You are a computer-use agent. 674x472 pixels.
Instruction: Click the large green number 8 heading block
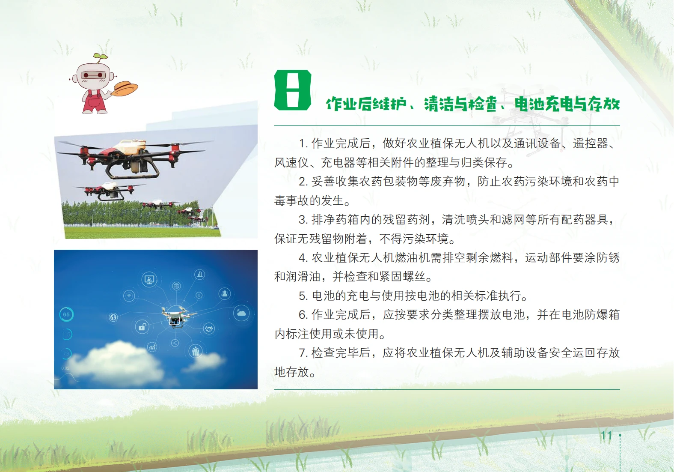pyautogui.click(x=292, y=90)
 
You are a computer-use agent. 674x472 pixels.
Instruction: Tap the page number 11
pyautogui.click(x=606, y=436)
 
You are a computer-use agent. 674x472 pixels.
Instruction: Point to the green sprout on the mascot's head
pyautogui.click(x=100, y=57)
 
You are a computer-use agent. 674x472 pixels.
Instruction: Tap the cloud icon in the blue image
pyautogui.click(x=241, y=314)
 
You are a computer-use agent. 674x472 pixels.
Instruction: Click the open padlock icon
pyautogui.click(x=142, y=326)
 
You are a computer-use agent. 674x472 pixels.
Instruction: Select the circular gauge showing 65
pyautogui.click(x=66, y=314)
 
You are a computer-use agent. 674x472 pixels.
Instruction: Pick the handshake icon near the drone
pyautogui.click(x=208, y=328)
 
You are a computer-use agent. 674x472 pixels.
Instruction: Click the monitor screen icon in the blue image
pyautogui.click(x=149, y=279)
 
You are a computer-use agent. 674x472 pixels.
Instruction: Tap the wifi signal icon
pyautogui.click(x=129, y=296)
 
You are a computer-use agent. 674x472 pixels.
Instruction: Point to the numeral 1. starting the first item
pyautogui.click(x=303, y=143)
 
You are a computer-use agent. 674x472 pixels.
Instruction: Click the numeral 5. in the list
pyautogui.click(x=303, y=296)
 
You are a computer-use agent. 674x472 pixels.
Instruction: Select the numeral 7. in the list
pyautogui.click(x=303, y=353)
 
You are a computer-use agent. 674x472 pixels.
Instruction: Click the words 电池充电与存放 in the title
pyautogui.click(x=567, y=104)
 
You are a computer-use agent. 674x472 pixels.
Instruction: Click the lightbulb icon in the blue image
pyautogui.click(x=199, y=295)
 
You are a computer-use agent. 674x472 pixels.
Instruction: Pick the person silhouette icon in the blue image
pyautogui.click(x=225, y=293)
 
